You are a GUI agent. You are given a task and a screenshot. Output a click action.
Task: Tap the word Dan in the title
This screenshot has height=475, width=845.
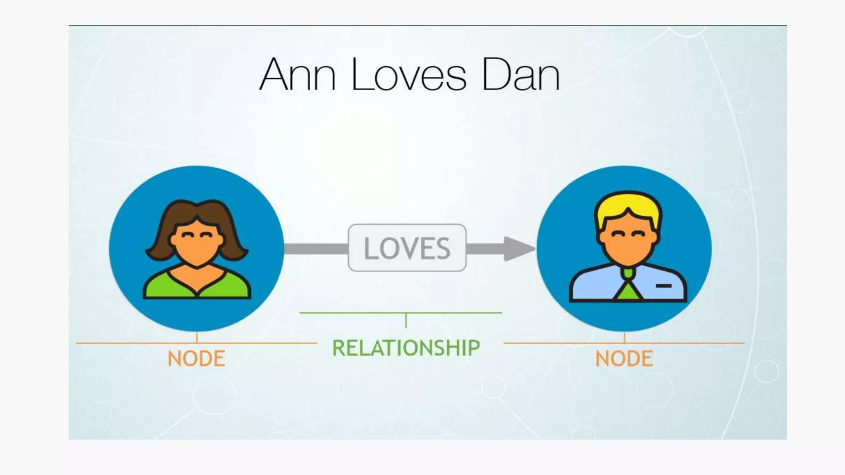521,75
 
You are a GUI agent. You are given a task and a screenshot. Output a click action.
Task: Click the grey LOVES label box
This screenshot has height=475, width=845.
407,248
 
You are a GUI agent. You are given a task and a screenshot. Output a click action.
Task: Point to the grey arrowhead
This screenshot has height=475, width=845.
518,249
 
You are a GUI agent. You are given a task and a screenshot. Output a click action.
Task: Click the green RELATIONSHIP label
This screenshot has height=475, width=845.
406,348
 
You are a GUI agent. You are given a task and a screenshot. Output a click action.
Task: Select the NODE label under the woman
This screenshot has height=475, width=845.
196,358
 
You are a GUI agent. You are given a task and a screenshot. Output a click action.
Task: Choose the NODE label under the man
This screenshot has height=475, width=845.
624,358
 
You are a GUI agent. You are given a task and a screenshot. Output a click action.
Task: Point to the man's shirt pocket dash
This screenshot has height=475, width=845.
663,285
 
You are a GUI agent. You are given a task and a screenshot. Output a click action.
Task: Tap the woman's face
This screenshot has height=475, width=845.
197,243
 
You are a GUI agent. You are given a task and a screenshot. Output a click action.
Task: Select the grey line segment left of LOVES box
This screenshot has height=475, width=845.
316,249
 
